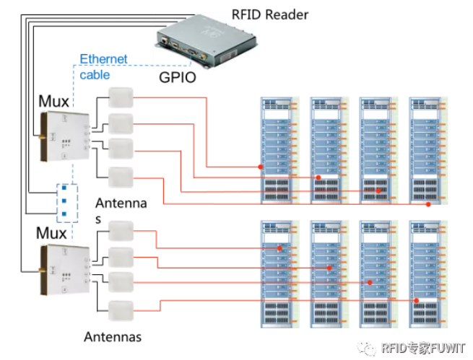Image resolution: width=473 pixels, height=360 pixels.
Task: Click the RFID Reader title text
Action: point(270,14)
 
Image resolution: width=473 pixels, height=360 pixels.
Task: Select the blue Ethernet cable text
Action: point(103,66)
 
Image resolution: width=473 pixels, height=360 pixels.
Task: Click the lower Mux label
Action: point(51,234)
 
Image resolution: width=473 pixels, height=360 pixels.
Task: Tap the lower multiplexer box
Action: point(63,271)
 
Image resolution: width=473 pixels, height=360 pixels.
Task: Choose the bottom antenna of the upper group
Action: point(121,175)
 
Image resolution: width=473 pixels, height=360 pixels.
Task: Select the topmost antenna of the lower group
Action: point(121,232)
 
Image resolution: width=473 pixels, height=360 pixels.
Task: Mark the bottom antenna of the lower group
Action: point(121,309)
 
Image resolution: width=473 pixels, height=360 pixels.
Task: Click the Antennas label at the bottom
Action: point(113,336)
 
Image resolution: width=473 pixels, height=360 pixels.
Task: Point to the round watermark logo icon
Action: point(370,348)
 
